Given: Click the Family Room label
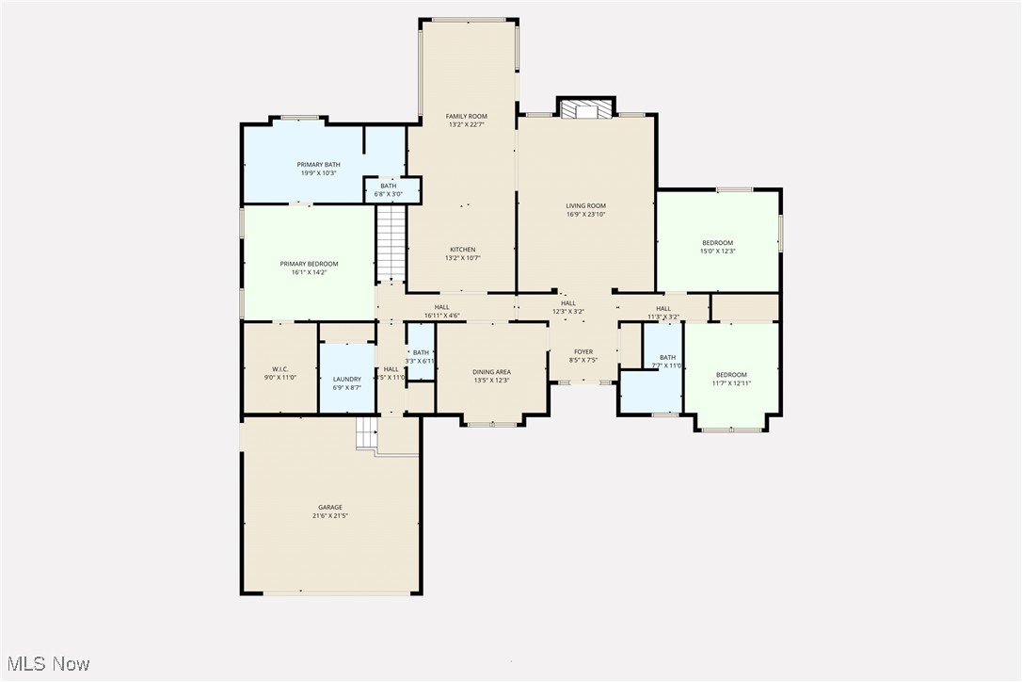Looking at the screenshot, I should click(x=466, y=116).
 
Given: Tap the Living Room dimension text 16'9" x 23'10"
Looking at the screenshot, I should click(x=585, y=215).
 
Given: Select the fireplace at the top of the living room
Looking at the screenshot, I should click(x=585, y=110).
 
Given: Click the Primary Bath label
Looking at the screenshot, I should click(x=319, y=165).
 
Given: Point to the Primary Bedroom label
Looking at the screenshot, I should click(x=309, y=264).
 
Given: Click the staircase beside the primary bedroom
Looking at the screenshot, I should click(x=391, y=242).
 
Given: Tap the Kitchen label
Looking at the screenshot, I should click(x=461, y=250).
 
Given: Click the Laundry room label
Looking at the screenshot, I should click(x=346, y=379).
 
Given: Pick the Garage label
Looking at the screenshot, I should click(x=329, y=508).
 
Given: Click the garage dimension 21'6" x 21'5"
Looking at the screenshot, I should click(x=330, y=516).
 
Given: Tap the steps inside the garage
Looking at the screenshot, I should click(x=366, y=433).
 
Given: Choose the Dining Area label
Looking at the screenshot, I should click(x=491, y=372).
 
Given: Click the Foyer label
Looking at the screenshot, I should click(x=583, y=351).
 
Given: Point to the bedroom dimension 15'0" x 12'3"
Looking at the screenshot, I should click(x=717, y=252).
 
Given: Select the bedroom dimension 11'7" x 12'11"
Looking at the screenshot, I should click(x=730, y=383).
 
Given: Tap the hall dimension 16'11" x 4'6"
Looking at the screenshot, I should click(x=441, y=316).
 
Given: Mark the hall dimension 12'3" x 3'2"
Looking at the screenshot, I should click(x=568, y=312).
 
